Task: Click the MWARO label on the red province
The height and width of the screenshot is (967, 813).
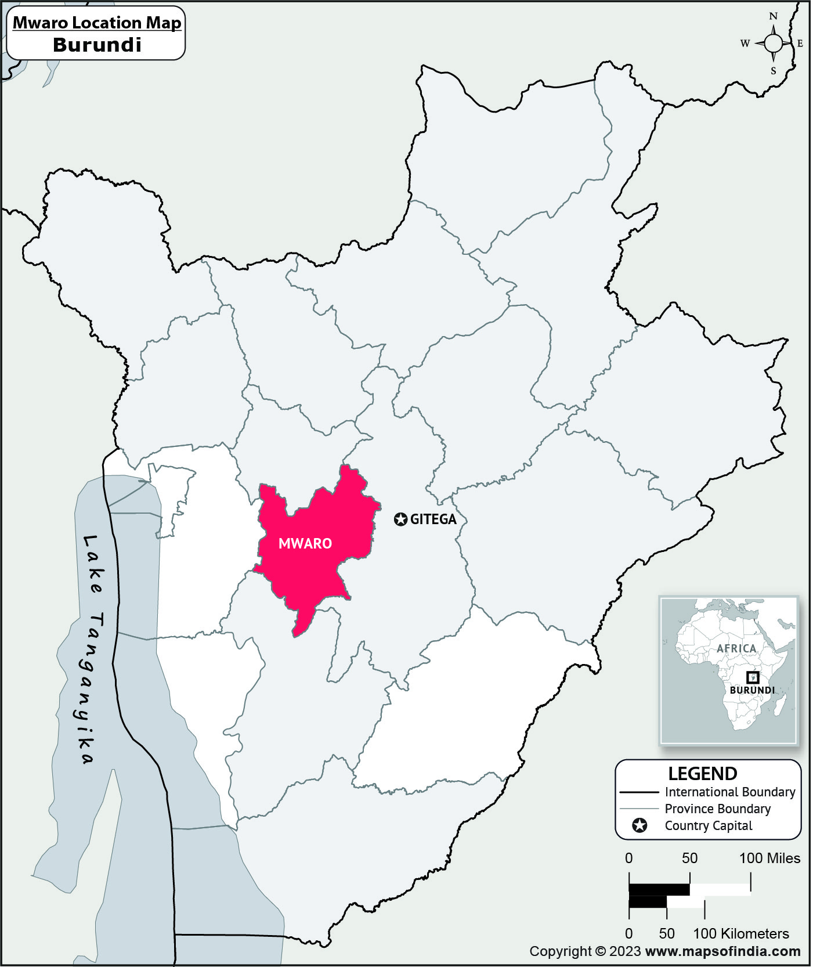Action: tap(305, 543)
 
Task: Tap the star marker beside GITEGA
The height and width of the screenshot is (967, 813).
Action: tap(400, 519)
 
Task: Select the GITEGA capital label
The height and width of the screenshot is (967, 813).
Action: tap(433, 519)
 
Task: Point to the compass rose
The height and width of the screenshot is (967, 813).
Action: tap(773, 44)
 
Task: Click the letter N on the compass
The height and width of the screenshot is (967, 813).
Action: tap(773, 16)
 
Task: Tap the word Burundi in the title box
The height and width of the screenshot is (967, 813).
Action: tap(97, 45)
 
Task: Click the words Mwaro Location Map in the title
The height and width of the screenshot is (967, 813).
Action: tap(97, 23)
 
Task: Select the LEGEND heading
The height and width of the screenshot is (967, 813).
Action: tap(702, 774)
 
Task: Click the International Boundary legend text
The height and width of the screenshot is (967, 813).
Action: tap(729, 792)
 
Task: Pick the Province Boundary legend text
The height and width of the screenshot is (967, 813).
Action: tap(717, 809)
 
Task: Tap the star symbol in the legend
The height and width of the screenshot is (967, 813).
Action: tap(639, 825)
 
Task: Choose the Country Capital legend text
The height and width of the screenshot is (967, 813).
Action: tap(708, 825)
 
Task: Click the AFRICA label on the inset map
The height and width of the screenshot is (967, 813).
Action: tap(736, 648)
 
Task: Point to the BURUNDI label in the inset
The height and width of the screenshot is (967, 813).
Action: tap(752, 690)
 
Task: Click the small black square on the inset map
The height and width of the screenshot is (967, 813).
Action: tap(752, 677)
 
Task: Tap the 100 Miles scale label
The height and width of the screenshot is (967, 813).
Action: tap(769, 858)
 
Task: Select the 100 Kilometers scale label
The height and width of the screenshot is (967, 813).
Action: tap(741, 933)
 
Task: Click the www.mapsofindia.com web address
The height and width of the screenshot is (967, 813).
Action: tap(722, 951)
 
